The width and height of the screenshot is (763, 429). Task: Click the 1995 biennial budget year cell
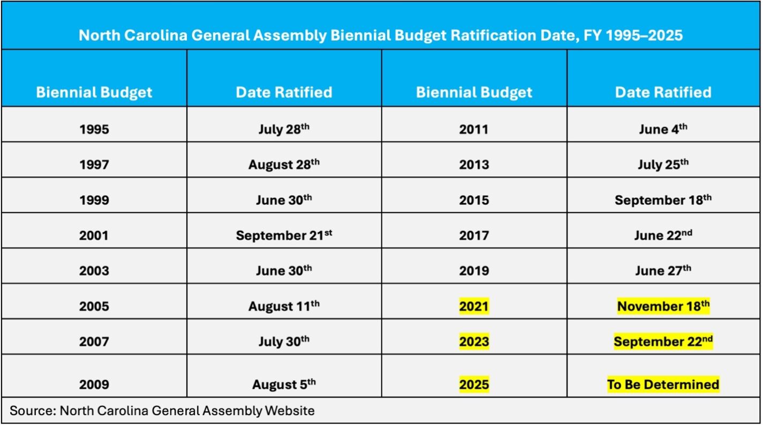(94, 130)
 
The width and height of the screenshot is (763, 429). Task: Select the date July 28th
(284, 130)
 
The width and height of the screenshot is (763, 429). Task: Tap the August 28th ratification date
(284, 165)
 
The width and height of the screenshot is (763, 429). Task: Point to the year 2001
(94, 235)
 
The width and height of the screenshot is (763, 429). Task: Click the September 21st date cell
(284, 235)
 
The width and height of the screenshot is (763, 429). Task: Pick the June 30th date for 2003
(284, 271)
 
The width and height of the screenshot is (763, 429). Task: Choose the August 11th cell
(284, 306)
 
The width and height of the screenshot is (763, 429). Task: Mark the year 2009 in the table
(94, 384)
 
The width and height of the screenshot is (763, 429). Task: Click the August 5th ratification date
(284, 384)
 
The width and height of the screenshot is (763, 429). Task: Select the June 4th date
(663, 130)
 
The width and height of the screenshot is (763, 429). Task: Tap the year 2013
(474, 165)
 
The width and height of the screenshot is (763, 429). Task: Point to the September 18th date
(663, 200)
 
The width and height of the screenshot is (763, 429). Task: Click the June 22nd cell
(663, 235)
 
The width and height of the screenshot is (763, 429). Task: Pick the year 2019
(474, 271)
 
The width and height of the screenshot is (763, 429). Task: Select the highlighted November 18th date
(663, 306)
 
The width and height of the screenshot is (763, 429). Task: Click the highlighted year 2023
(474, 342)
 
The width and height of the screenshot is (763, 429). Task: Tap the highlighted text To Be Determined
(663, 384)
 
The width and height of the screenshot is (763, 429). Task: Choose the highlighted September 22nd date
(663, 342)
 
